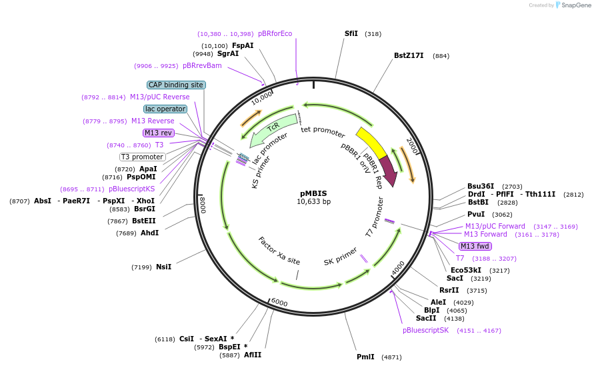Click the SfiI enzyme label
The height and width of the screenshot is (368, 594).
click(x=351, y=33)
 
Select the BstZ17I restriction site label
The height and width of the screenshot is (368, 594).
click(x=409, y=56)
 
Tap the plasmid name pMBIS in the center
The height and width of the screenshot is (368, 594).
click(x=313, y=193)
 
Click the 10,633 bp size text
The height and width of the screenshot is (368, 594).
click(x=313, y=201)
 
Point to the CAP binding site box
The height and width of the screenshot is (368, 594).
click(x=176, y=85)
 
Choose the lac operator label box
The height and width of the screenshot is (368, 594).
click(x=165, y=109)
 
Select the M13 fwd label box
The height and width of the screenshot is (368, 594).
click(x=475, y=246)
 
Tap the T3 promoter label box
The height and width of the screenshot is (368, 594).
click(x=142, y=157)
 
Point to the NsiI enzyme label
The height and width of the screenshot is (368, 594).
click(x=163, y=267)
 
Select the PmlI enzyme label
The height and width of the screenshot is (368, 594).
click(x=365, y=357)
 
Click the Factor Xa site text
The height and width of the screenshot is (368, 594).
click(x=279, y=251)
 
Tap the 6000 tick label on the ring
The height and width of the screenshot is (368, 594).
click(x=279, y=303)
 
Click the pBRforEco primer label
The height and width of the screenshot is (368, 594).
click(x=275, y=33)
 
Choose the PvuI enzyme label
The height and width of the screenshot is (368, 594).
click(x=476, y=215)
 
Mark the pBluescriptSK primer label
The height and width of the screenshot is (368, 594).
click(x=425, y=330)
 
